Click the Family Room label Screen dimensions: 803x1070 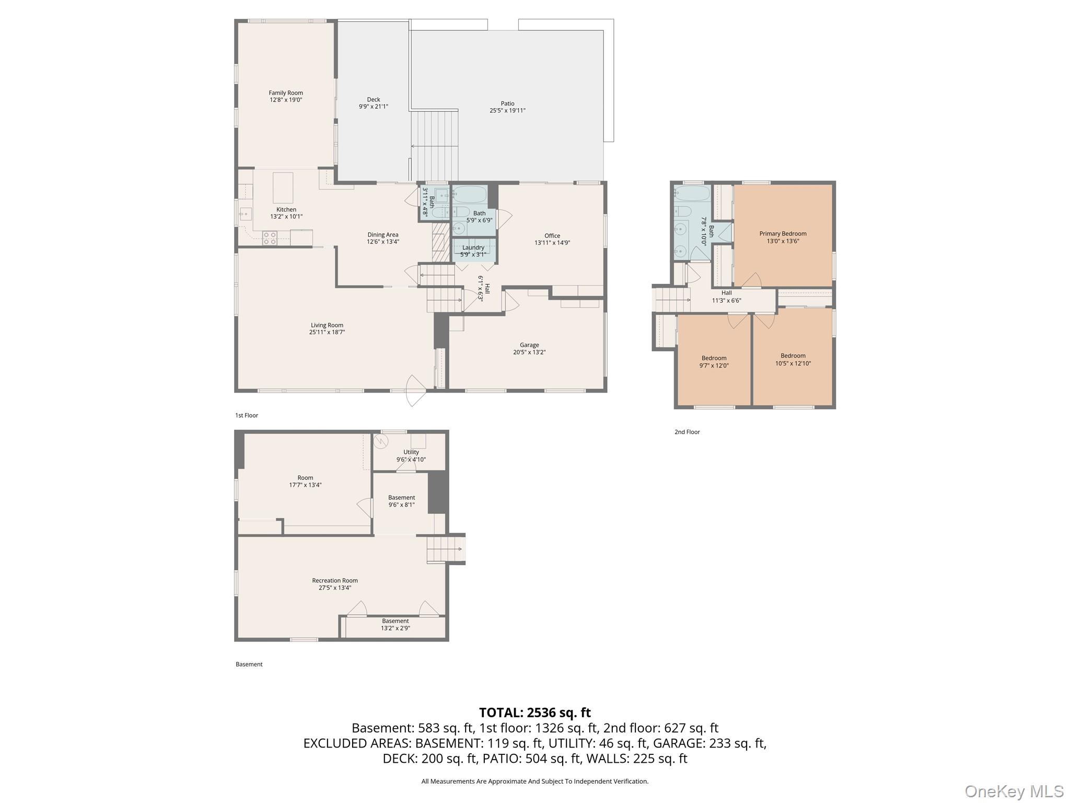pos(286,93)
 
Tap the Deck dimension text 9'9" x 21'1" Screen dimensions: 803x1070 pos(373,107)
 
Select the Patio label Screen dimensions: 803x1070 pos(507,104)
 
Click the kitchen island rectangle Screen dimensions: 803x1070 pos(283,188)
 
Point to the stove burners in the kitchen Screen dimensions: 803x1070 pos(270,238)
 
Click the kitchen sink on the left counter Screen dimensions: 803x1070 pos(246,214)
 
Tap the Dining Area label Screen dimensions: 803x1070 pos(382,235)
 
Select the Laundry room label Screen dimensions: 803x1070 pos(473,248)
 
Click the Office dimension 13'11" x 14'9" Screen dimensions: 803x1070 pos(552,243)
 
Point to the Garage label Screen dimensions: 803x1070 pos(529,345)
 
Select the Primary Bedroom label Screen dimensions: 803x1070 pos(783,234)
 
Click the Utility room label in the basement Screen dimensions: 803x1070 pos(411,452)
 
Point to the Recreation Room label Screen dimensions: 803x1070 pos(334,580)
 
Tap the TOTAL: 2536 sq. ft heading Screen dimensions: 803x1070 pos(534,713)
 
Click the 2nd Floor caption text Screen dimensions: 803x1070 pos(687,432)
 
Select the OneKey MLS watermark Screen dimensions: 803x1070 pos(1014,791)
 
